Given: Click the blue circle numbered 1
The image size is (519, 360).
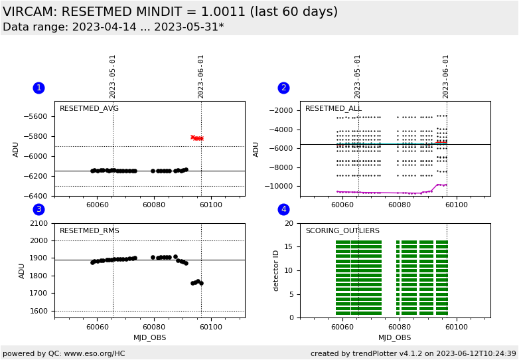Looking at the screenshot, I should click(38, 88).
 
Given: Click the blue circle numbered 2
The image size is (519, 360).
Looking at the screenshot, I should click(283, 88).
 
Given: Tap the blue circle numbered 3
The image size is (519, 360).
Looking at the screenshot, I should click(38, 209).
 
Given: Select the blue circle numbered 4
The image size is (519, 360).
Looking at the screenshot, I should click(283, 209).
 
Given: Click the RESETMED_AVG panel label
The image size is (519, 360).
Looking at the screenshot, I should click(89, 109).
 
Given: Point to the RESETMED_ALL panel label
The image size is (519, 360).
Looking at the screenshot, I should click(333, 109).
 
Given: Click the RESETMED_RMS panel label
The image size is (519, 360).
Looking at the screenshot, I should click(89, 231).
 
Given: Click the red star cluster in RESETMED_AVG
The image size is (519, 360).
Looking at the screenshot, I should click(197, 137).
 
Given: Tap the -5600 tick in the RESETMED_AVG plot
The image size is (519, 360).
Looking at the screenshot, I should click(38, 117).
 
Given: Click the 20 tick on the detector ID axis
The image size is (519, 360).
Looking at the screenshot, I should click(289, 224).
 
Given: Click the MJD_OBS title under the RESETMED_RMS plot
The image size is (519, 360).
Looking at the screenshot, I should click(150, 338).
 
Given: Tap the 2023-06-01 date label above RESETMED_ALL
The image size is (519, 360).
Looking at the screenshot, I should click(446, 76).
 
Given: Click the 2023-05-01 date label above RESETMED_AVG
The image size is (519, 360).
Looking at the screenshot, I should click(113, 76).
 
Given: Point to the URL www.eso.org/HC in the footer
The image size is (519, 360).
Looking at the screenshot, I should click(94, 353).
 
